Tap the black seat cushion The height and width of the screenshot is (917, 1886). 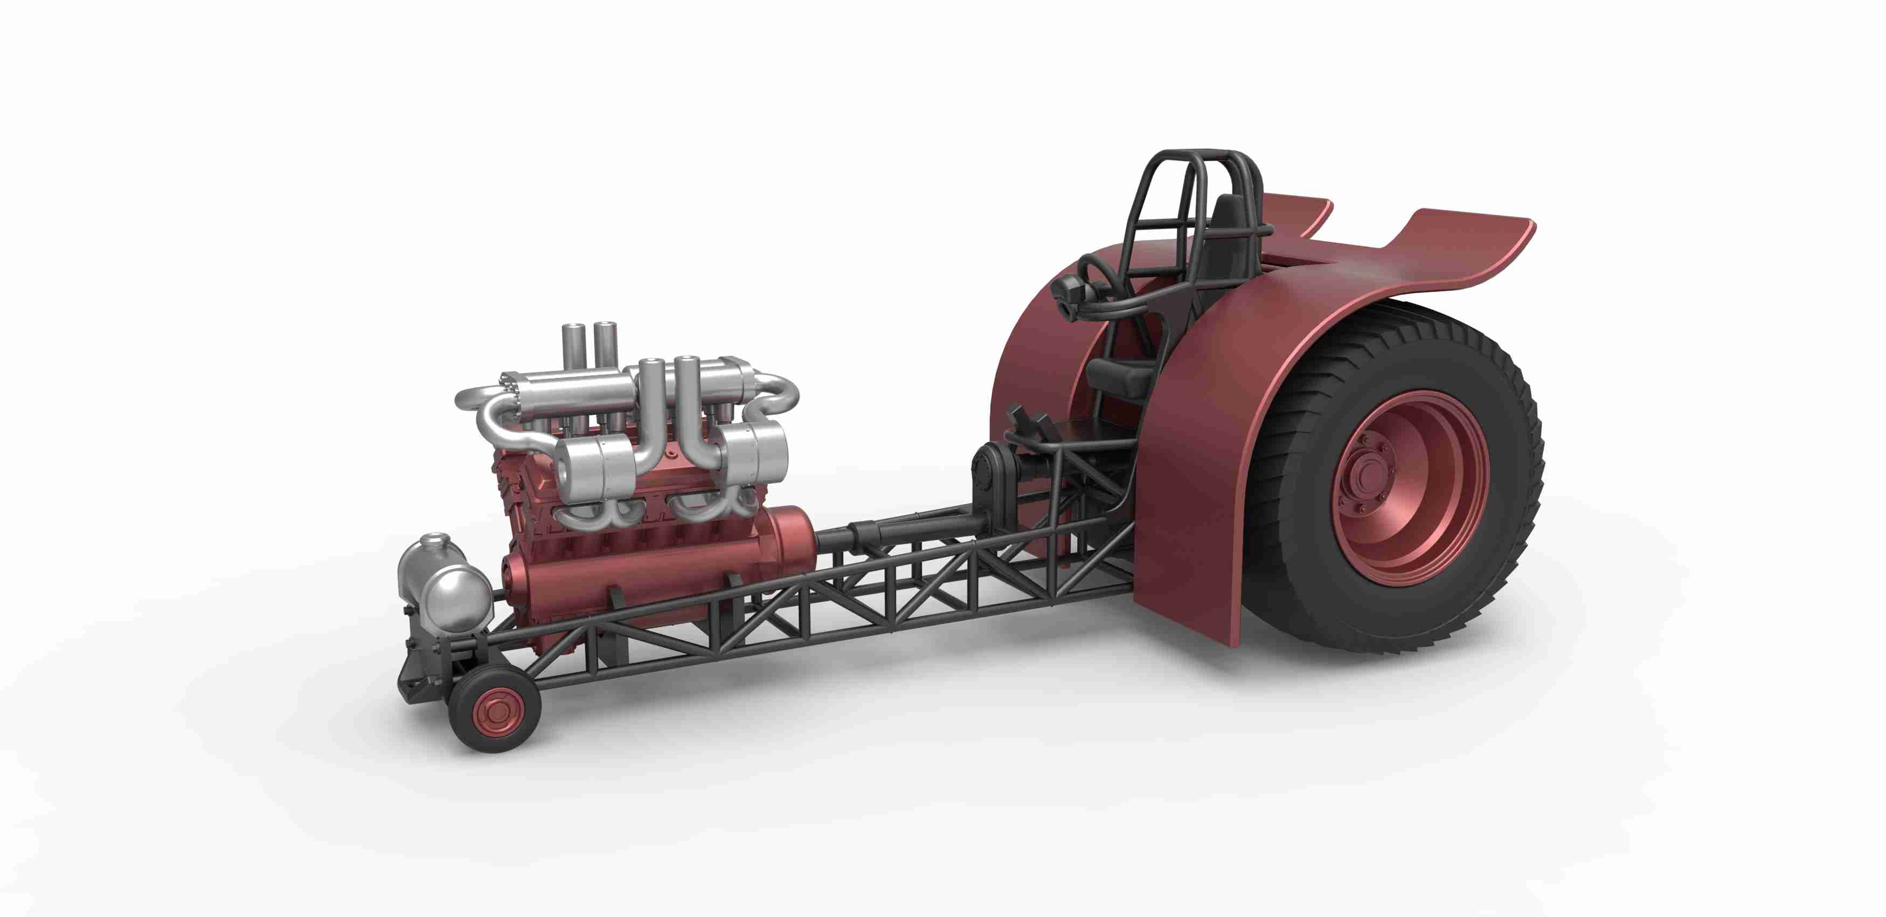(x=1120, y=377)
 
